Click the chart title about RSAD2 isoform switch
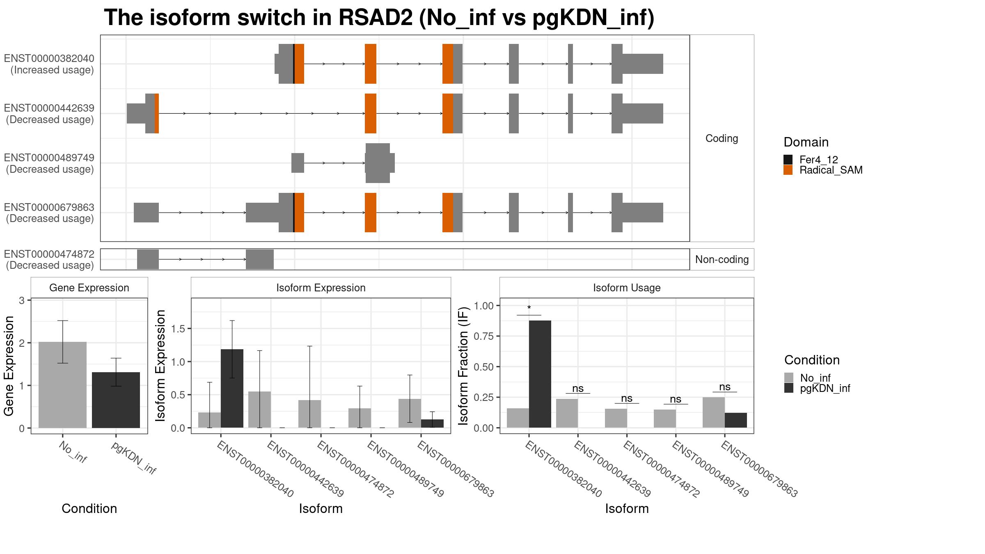379,18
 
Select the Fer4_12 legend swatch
788,160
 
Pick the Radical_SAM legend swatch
788,170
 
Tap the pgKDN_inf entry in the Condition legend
825,388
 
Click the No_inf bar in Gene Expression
63,385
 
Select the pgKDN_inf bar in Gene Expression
116,400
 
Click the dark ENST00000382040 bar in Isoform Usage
540,374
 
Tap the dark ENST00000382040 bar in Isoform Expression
232,389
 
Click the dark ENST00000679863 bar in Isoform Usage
736,420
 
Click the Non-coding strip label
722,259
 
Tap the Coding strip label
722,138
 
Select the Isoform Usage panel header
627,288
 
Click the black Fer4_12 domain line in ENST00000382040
294,64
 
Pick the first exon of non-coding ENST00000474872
148,259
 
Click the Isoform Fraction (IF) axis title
463,366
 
